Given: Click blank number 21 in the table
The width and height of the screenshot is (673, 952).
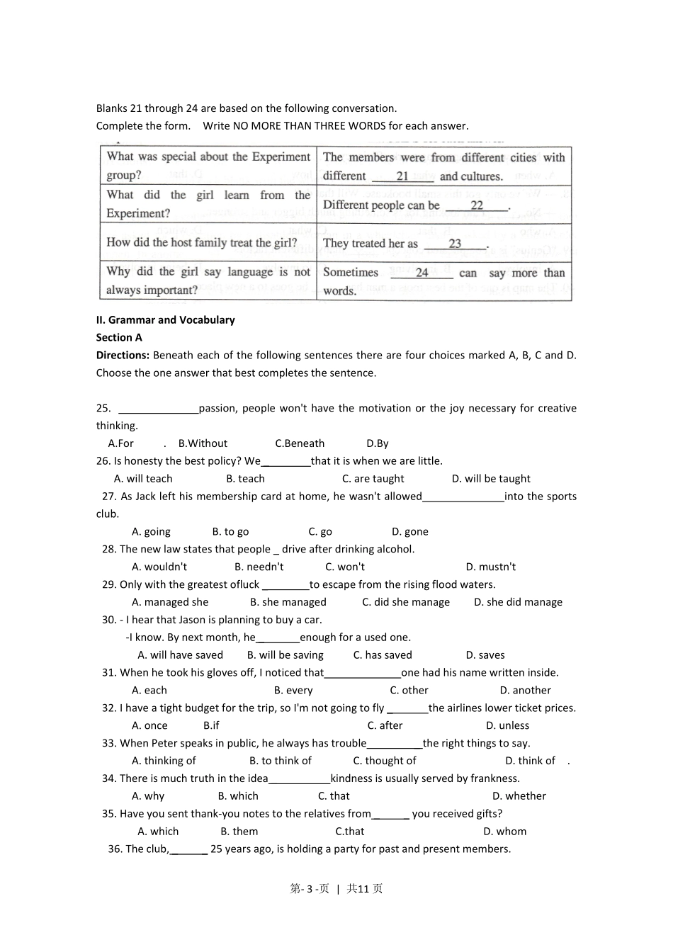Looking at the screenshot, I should point(402,176).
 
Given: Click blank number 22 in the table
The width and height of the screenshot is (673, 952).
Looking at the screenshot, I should point(477,205).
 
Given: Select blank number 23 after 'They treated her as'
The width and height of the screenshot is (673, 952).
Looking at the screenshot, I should point(455,244).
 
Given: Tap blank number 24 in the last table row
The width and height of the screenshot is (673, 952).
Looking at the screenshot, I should point(422,273).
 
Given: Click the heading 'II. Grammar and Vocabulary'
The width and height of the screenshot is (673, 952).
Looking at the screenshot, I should point(165,320).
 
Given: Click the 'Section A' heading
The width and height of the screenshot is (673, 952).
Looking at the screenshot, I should point(119,338).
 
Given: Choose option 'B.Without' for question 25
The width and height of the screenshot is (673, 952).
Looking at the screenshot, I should point(203,443).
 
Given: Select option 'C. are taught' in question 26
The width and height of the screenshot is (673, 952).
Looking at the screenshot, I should point(373,479).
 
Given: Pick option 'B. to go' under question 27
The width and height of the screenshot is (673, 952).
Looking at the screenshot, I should point(230,532).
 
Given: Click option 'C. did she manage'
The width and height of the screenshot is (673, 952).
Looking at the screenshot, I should point(405,602).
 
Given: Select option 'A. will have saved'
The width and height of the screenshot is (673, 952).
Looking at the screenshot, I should point(180,655).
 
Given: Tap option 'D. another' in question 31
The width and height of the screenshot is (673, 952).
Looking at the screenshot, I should point(525,691).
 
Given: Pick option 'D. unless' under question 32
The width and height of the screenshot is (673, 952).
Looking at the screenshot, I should point(507,725).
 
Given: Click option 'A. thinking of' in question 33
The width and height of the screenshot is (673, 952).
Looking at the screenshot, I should point(164,761).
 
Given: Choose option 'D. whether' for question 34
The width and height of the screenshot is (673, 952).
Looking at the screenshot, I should point(519,796).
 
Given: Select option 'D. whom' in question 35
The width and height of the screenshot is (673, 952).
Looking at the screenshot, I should point(504,832).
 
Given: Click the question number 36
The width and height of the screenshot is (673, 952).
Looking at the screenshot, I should point(115,849).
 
